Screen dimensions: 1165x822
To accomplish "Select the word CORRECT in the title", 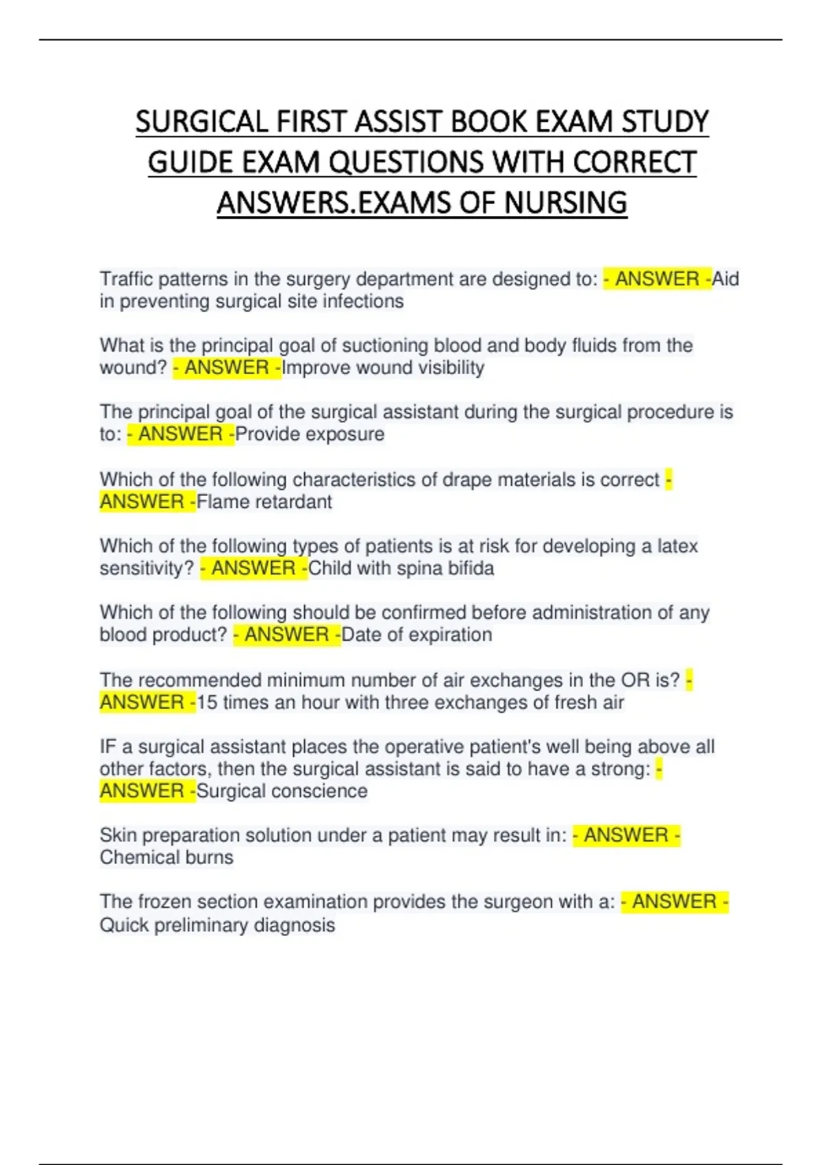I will [x=634, y=162].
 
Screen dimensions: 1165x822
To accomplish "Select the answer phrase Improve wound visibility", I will [x=383, y=368].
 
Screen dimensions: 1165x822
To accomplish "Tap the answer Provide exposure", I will [x=310, y=434].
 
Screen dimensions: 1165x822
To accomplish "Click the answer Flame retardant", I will [x=264, y=502].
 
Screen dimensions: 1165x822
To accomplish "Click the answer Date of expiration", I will [x=416, y=635].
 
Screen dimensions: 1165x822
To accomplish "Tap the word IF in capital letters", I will [x=108, y=746].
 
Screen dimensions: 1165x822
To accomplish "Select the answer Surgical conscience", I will [x=282, y=791].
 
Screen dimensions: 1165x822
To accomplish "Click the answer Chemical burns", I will [x=166, y=857].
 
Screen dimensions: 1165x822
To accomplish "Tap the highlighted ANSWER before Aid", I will [x=657, y=279].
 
